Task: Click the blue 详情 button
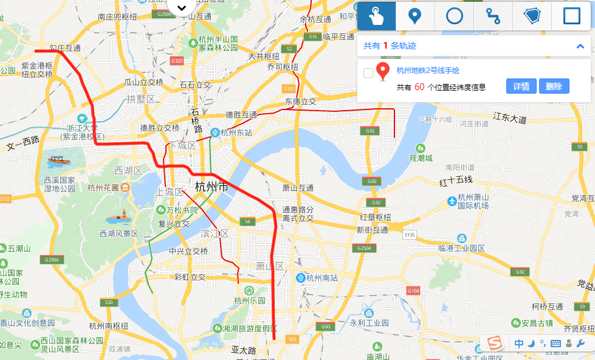tap(521, 86)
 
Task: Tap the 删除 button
tap(554, 86)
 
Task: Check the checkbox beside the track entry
tap(368, 73)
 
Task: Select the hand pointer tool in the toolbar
tap(376, 16)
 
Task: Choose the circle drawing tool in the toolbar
tap(455, 16)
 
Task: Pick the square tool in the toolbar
tap(572, 16)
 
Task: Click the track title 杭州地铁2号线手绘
tap(428, 71)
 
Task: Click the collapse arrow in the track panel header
tap(580, 46)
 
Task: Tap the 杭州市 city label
tap(212, 187)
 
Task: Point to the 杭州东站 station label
tap(236, 133)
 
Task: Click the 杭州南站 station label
tap(322, 278)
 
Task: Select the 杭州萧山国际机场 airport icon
tap(452, 201)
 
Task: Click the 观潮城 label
tap(421, 158)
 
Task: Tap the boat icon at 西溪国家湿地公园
tap(58, 161)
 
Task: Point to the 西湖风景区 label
tap(119, 234)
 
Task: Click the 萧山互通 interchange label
tap(298, 189)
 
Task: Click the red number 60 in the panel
tap(419, 87)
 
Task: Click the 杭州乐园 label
tap(250, 300)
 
